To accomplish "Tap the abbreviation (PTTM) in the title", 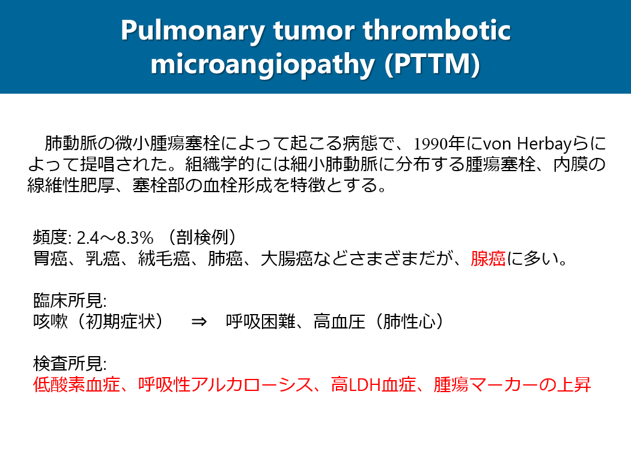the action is [432, 64].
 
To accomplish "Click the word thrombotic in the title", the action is [437, 30].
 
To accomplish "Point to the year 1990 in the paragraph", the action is [431, 144].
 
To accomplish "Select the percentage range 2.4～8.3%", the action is [115, 238].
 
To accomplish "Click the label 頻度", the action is [50, 237].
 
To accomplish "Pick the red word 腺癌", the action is [488, 258].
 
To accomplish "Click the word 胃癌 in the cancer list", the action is [50, 258].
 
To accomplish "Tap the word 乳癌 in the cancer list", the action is [103, 258].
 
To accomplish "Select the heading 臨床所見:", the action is [70, 300].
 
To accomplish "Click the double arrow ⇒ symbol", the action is [199, 322].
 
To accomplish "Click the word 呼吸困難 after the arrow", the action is [260, 322].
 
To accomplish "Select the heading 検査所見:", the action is [70, 363].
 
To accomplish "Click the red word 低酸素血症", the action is [76, 385].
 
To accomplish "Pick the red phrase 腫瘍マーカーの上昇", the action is [512, 385].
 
